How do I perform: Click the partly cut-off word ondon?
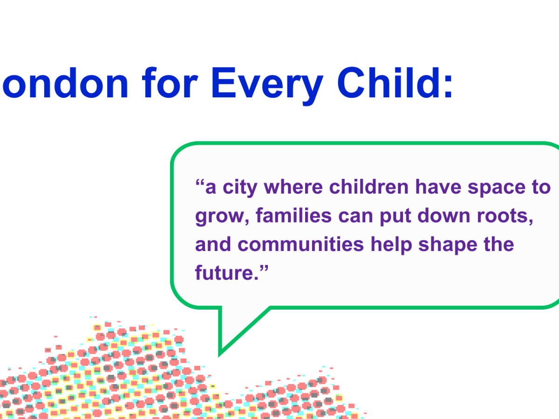pyautogui.click(x=65, y=84)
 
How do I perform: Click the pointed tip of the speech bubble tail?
pyautogui.click(x=220, y=354)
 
